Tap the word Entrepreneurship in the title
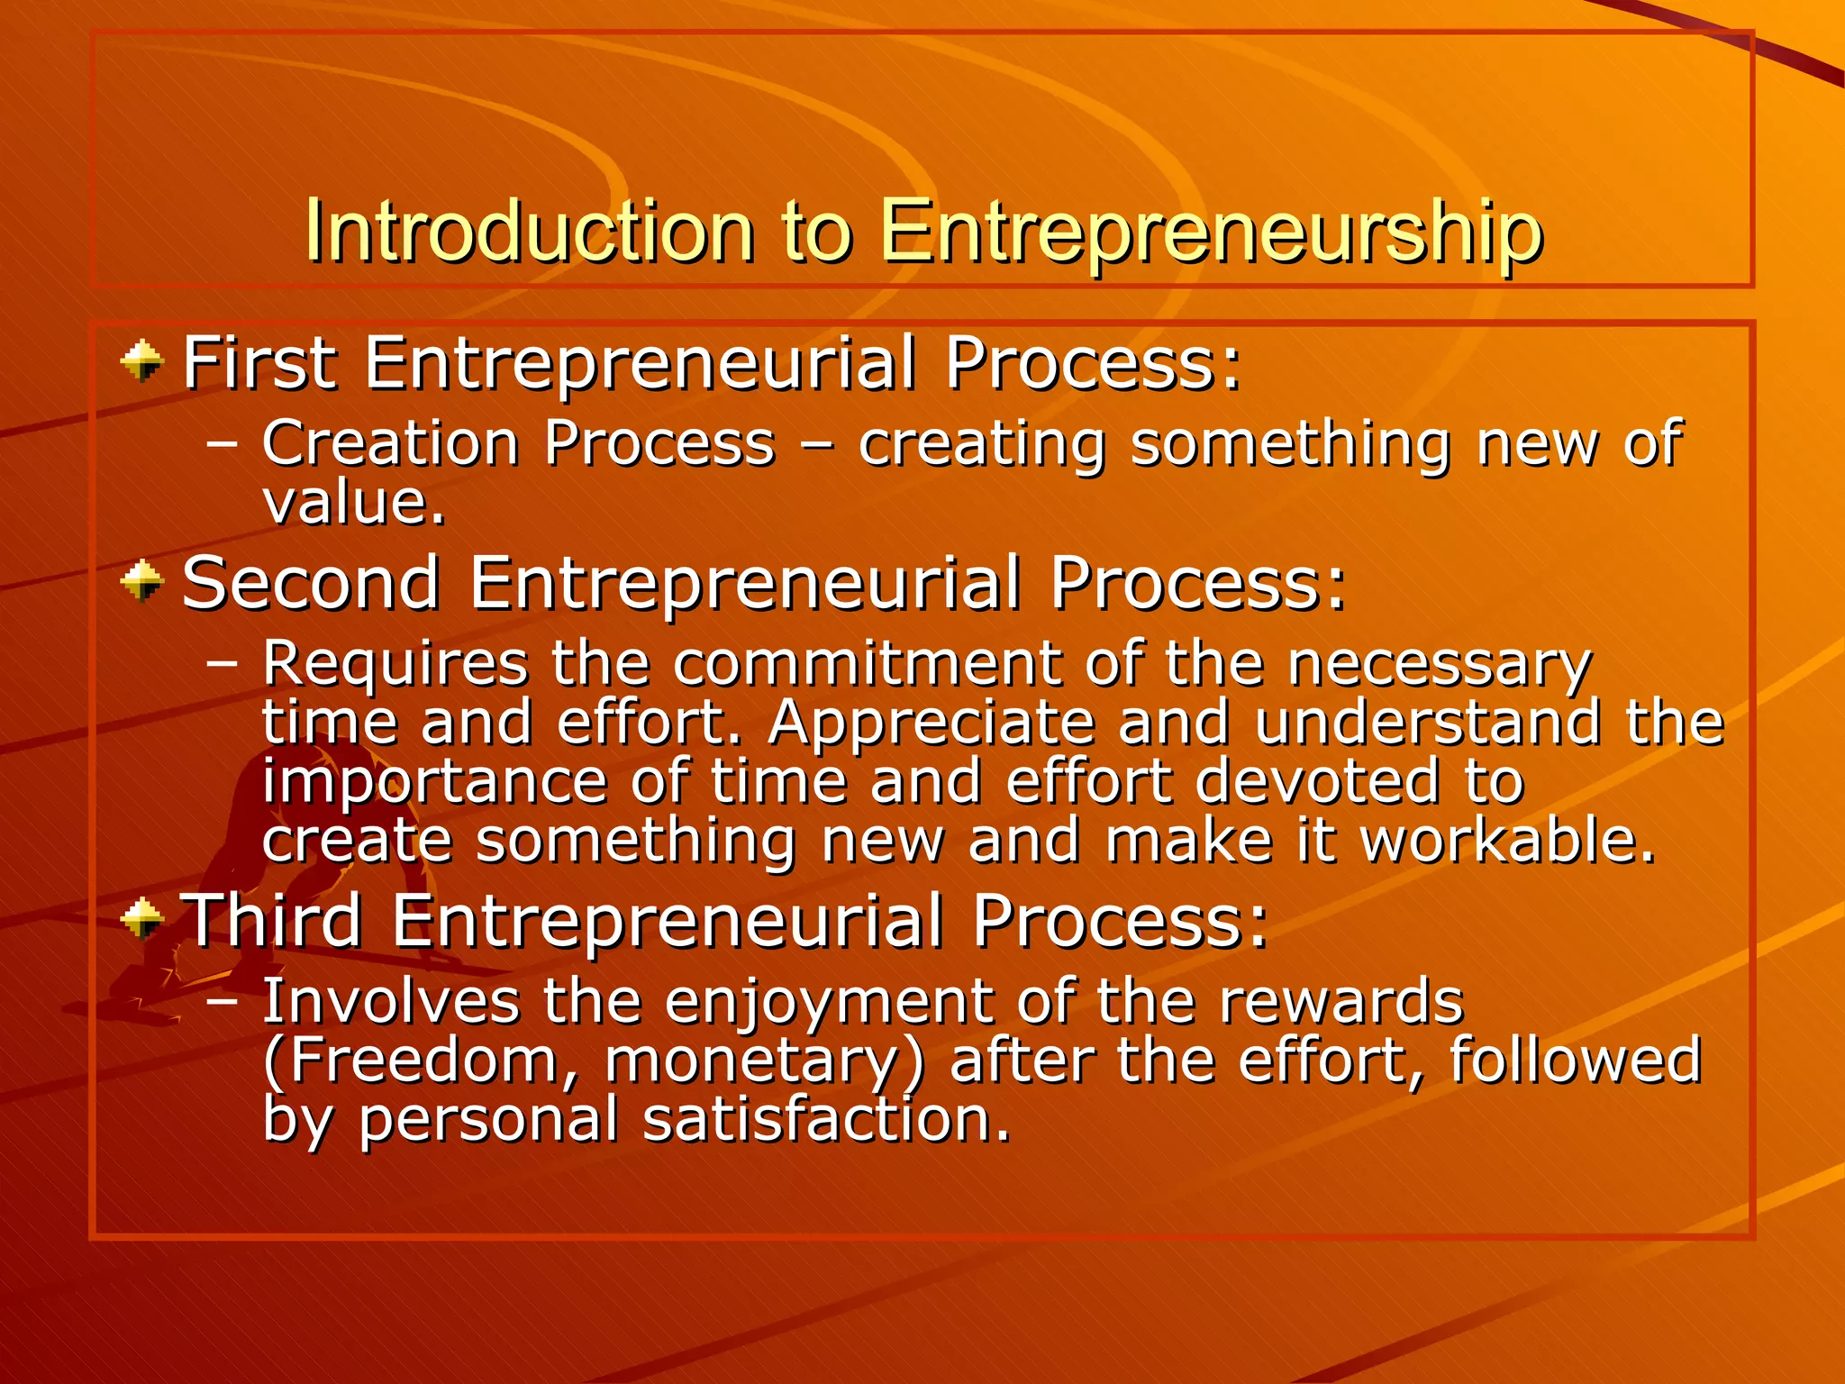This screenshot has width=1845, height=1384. [1211, 232]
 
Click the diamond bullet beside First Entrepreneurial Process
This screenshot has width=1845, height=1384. [142, 362]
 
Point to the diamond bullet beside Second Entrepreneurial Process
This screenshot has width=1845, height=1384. [142, 581]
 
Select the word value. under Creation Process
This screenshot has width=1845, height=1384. [353, 502]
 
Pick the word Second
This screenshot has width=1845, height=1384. [311, 583]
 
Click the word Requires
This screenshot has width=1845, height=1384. [395, 665]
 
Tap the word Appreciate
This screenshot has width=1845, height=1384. [932, 723]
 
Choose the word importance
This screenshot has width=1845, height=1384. [434, 782]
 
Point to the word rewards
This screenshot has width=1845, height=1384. [1341, 1002]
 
